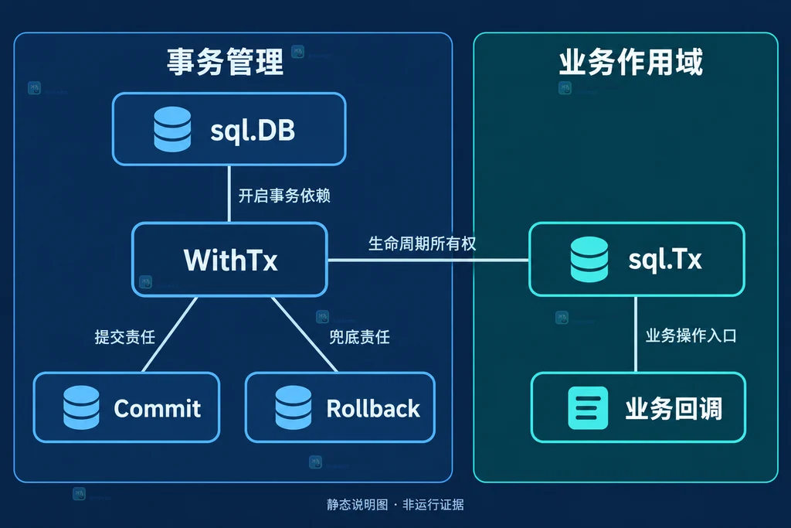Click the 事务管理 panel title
[225, 62]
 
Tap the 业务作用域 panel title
[630, 62]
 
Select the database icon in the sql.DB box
[172, 129]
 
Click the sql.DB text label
[253, 130]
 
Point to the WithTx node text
[230, 260]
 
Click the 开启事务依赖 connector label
[284, 196]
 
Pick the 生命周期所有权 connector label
[423, 244]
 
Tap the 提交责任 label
[124, 337]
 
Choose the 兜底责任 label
[360, 337]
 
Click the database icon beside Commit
[81, 407]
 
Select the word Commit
[158, 408]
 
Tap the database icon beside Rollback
[293, 407]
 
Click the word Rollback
[373, 408]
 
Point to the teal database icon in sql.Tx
[589, 259]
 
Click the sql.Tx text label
[665, 260]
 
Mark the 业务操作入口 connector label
[691, 336]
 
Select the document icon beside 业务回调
[588, 408]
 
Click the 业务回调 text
[674, 408]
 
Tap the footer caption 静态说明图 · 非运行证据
[395, 504]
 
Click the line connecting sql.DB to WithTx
[229, 194]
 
